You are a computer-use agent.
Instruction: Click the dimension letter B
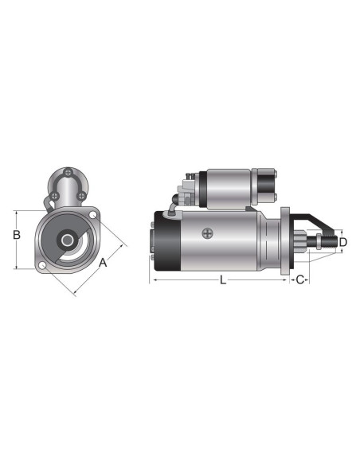(16, 236)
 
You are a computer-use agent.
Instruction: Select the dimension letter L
(222, 280)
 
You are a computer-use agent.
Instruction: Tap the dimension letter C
(299, 280)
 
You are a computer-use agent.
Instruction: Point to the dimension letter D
(342, 242)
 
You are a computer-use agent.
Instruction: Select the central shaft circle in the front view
(68, 240)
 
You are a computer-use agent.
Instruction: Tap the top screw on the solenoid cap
(69, 174)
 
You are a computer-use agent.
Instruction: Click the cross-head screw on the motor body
(209, 233)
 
